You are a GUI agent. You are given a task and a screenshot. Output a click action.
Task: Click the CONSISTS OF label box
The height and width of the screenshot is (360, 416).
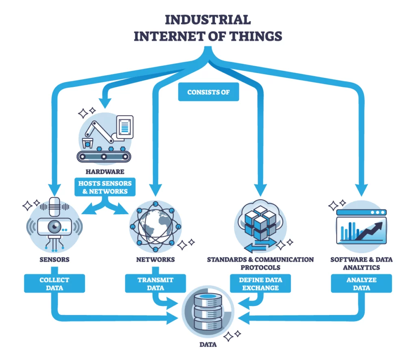point(208,93)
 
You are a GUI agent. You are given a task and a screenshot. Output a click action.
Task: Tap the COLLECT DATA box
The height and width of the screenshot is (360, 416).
point(54,284)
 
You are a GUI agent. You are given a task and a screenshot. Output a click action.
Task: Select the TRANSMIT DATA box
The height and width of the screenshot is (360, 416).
point(156,284)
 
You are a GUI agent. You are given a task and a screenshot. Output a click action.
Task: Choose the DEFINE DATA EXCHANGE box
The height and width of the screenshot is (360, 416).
point(260,284)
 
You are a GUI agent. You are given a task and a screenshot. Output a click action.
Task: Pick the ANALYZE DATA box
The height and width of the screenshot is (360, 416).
point(361,284)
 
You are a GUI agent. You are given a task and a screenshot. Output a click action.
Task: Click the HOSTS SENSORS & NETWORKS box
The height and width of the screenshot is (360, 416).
point(105,187)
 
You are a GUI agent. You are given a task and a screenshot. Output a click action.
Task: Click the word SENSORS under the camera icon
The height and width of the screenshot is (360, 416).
point(54,259)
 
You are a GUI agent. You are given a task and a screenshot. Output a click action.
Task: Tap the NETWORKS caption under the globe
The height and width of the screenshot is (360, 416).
point(155,259)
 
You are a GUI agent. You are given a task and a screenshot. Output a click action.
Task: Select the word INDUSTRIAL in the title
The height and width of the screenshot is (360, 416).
point(208,19)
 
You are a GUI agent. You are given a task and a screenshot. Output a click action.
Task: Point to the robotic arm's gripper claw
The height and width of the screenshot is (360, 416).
point(87,143)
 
